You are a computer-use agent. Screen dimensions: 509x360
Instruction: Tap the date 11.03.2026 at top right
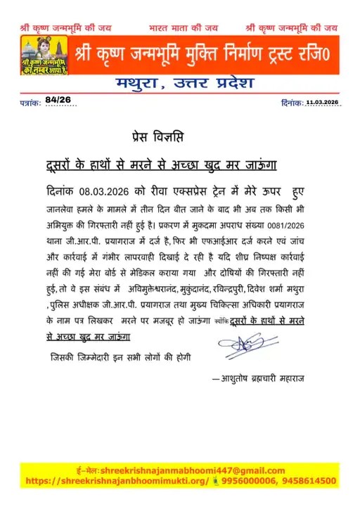[323, 103]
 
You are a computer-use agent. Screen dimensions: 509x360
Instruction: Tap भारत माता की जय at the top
[184, 28]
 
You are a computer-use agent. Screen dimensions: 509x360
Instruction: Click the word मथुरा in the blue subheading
[142, 84]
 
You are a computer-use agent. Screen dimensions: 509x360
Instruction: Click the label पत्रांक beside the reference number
[30, 103]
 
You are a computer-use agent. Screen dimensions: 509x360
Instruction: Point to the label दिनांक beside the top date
[290, 103]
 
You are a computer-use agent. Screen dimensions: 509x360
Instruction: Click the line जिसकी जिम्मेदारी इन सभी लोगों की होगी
[120, 356]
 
